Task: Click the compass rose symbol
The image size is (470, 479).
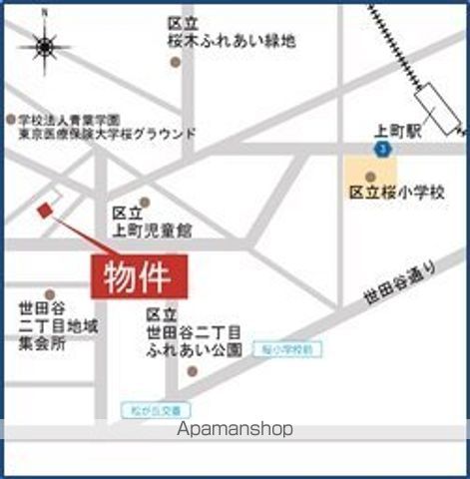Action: tap(45, 46)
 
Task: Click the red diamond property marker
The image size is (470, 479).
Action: tap(44, 211)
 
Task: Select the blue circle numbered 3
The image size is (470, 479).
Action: tap(383, 149)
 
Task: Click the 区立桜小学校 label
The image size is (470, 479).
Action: tap(397, 192)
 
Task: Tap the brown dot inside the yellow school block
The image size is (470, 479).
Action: tap(370, 177)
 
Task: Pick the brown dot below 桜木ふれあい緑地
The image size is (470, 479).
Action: tap(177, 62)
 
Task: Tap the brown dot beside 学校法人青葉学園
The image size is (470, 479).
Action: tap(11, 117)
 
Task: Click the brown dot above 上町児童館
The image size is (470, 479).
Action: tap(145, 202)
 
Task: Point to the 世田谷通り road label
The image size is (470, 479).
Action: tap(399, 282)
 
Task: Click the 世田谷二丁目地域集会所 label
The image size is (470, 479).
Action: tap(58, 325)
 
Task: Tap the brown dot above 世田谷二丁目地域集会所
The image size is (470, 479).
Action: tap(49, 295)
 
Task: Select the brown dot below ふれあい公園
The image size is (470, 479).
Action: tap(193, 372)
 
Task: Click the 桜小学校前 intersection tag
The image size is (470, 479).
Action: tap(288, 350)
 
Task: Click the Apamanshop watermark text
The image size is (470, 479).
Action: tap(235, 429)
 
